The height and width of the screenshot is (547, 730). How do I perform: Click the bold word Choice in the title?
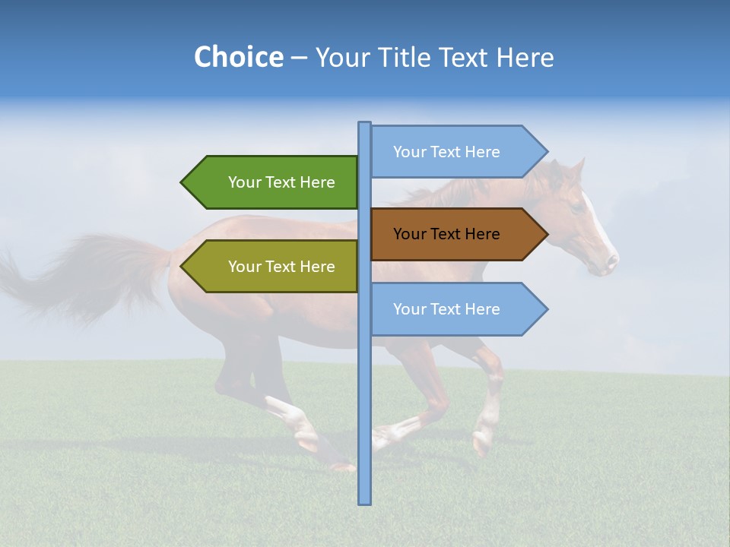point(238,57)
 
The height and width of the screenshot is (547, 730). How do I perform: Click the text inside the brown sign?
point(446,234)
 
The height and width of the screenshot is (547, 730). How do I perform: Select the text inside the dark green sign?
point(281,182)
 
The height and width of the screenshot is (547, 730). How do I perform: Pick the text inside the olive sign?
point(281,267)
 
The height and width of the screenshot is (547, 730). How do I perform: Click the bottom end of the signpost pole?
point(364,501)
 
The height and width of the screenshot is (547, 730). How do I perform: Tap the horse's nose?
point(611,263)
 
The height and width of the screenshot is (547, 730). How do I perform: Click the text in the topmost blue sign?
point(446,152)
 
